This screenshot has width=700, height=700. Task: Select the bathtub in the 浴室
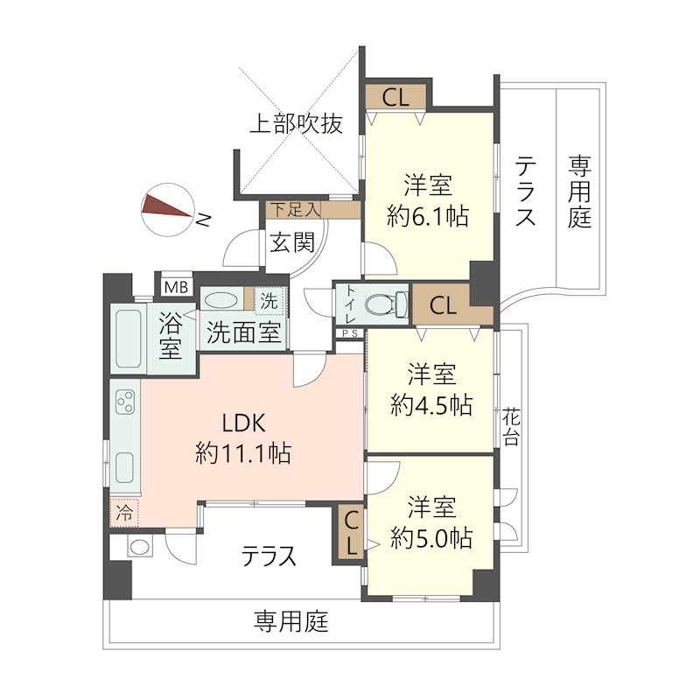[129, 338]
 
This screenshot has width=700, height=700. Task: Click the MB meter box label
[177, 285]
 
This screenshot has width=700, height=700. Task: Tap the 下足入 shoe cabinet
[295, 209]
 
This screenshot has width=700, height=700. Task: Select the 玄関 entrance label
[291, 242]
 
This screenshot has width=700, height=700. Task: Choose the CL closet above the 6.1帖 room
[395, 97]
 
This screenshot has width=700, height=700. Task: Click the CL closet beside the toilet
[443, 306]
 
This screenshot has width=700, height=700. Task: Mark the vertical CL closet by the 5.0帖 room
[350, 533]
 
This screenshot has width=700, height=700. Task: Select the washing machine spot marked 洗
[269, 299]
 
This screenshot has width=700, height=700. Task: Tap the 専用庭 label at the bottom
[291, 622]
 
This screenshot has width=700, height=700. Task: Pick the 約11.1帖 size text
[242, 452]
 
